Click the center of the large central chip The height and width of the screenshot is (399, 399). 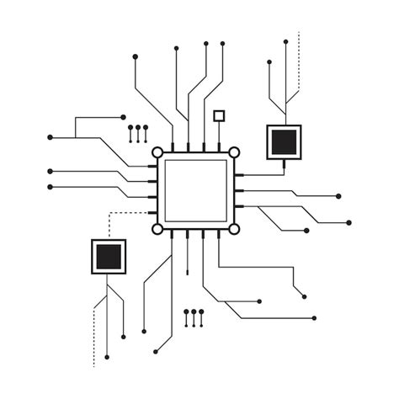point(195,189)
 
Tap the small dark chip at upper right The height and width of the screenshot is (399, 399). point(284,141)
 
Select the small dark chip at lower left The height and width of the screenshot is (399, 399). point(108,257)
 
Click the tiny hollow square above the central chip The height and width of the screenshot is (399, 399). point(220,115)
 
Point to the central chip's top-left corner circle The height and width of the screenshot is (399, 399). point(157,152)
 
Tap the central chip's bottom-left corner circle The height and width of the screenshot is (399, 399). point(157,228)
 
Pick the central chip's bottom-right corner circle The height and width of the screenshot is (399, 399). point(234,228)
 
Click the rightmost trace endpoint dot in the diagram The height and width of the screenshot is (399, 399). point(348,222)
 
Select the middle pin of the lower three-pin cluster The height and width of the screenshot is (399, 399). point(194,317)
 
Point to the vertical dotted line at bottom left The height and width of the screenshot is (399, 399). point(93,332)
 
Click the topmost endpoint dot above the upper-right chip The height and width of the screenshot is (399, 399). point(286,40)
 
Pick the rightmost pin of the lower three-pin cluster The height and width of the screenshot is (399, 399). point(202,317)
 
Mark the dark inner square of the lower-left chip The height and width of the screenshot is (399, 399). point(108,257)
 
